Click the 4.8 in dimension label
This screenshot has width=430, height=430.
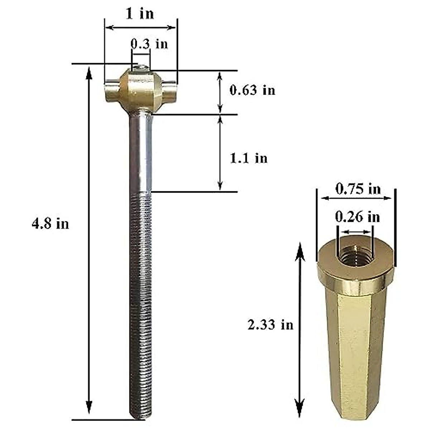tap(50, 224)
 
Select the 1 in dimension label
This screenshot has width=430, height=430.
tap(139, 14)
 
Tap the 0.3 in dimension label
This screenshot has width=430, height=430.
tap(149, 44)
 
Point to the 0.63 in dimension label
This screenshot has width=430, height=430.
tap(252, 90)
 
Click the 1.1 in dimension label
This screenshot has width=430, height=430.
tap(248, 158)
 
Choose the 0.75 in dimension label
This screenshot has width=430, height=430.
tap(358, 188)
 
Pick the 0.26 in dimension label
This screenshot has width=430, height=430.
tap(357, 216)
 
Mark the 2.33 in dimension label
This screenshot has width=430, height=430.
tap(270, 325)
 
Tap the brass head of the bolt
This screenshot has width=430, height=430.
tap(140, 91)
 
